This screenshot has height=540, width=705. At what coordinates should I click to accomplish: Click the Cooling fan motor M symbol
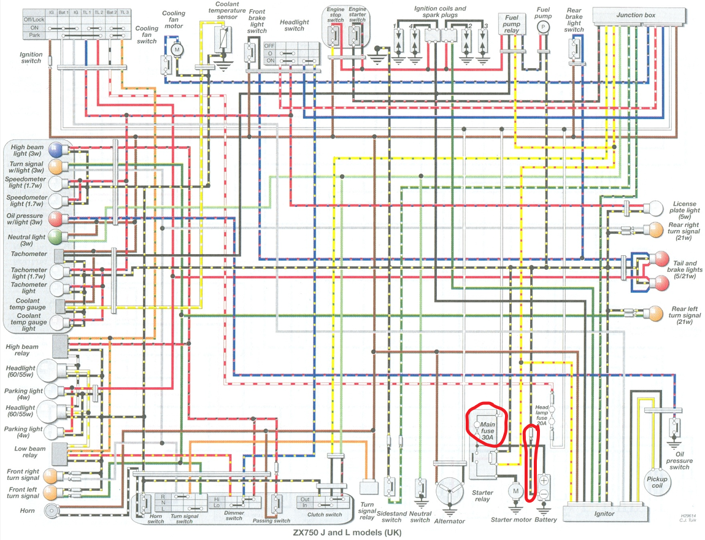pos(177,48)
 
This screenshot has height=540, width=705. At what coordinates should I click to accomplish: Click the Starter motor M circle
pos(515,491)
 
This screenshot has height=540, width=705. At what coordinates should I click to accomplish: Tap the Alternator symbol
pos(450,492)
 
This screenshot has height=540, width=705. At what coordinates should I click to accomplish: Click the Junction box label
pos(638,15)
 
